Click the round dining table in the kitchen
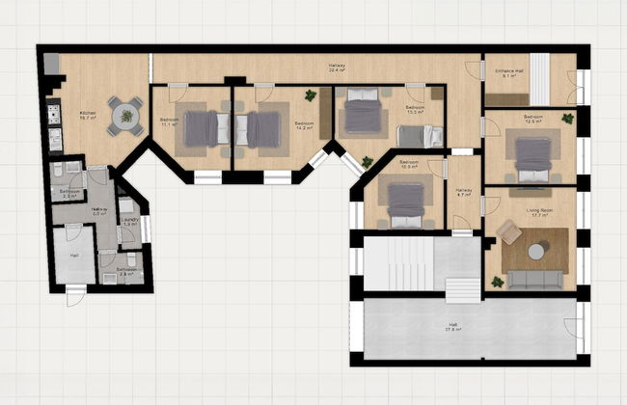tap(124, 116)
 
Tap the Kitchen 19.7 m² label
tap(87, 116)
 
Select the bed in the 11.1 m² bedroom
tap(202, 128)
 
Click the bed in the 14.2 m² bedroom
tap(262, 129)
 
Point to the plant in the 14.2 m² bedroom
tap(311, 95)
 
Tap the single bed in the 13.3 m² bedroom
tap(420, 137)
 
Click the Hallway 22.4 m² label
tap(337, 67)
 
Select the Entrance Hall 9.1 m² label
tap(509, 73)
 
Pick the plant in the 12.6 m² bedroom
tap(568, 119)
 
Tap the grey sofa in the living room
tap(535, 279)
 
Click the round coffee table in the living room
tap(536, 251)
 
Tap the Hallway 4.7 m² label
tap(463, 192)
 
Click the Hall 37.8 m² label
tap(452, 327)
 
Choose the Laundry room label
tap(130, 222)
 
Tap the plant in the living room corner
tap(497, 283)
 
